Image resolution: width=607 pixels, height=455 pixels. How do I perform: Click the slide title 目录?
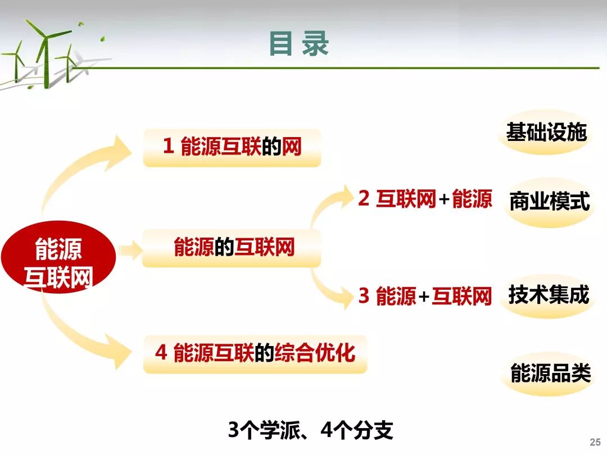point(299,44)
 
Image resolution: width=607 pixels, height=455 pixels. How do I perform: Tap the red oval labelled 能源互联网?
point(58,257)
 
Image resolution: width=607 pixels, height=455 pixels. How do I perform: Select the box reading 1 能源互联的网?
point(232,148)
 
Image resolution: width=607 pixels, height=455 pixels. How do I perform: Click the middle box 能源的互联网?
point(232,248)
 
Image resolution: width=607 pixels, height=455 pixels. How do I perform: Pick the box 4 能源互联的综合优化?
point(255,354)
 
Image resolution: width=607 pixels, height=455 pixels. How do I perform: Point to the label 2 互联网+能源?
point(425,199)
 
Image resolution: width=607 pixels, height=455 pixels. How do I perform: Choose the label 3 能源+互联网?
point(425,296)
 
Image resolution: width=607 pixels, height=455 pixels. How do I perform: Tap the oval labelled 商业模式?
point(549,202)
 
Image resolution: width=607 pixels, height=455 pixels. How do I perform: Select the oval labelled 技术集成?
point(549,295)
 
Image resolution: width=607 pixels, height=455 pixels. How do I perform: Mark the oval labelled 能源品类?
point(550,374)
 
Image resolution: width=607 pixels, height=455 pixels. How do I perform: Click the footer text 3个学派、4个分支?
point(310,430)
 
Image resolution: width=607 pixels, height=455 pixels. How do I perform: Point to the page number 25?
point(595,442)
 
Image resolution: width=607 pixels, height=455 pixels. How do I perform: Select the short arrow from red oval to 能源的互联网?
point(130,250)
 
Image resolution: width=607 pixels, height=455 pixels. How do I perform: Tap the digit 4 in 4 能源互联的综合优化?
point(161,352)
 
